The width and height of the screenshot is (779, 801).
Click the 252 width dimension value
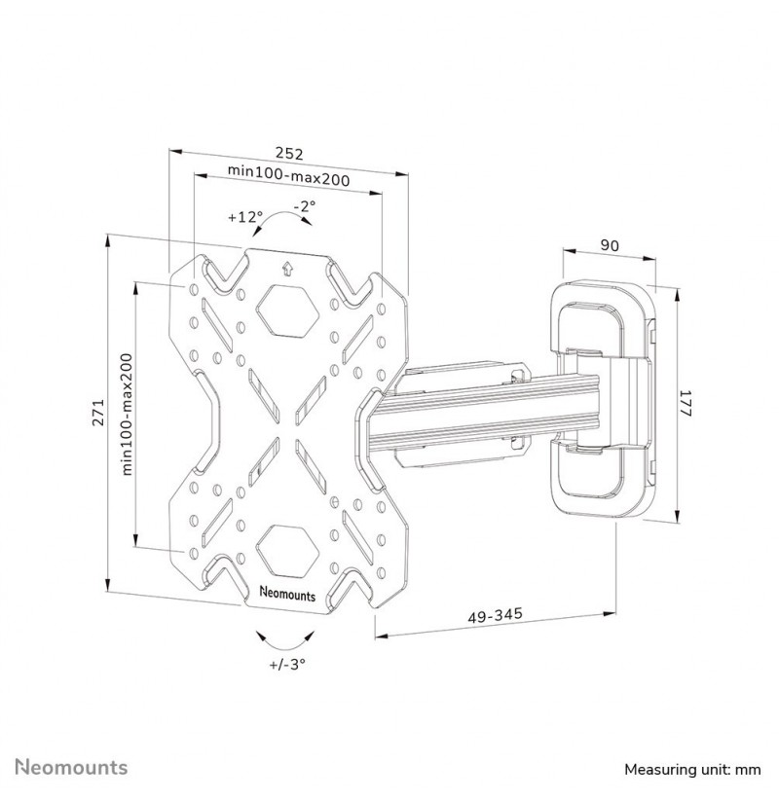[x=289, y=153]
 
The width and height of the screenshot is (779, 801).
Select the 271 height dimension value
[x=98, y=413]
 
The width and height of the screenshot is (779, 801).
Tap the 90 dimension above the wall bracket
[x=610, y=245]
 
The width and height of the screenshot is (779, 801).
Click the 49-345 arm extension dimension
[x=496, y=615]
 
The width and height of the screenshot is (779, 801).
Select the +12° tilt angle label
[x=245, y=217]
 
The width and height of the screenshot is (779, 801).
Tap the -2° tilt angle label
[x=305, y=206]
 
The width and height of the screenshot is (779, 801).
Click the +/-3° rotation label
[x=287, y=664]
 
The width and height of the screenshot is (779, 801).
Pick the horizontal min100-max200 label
[x=289, y=175]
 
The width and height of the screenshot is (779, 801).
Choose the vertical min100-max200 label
[x=127, y=415]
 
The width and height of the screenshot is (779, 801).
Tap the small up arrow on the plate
[x=287, y=269]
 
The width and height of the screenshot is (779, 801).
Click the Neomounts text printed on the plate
[x=288, y=594]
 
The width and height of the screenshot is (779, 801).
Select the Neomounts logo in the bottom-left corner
[x=71, y=767]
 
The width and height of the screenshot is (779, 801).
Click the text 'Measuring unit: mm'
[x=692, y=770]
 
